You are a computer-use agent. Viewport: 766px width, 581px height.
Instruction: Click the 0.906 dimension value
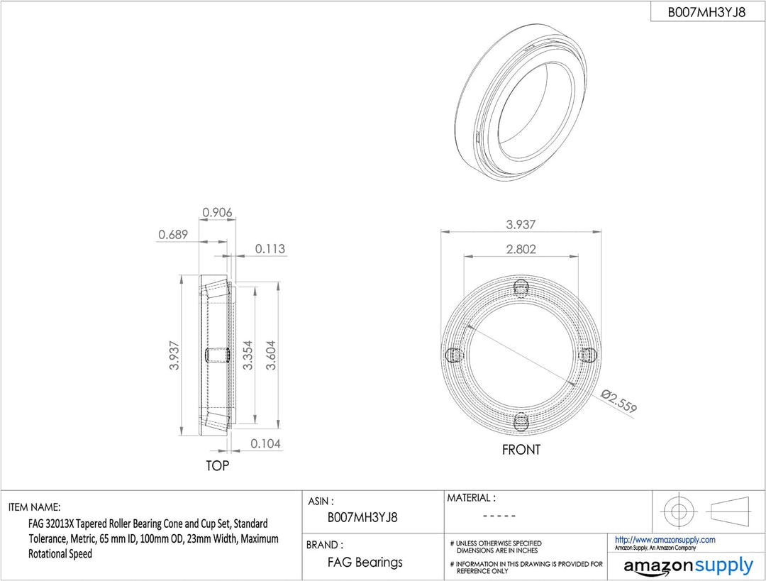click(218, 212)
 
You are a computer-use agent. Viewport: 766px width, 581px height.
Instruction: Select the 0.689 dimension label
click(173, 235)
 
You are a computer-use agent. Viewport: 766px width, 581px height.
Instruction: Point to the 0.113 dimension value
click(270, 249)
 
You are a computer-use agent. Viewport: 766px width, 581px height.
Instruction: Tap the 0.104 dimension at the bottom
click(266, 443)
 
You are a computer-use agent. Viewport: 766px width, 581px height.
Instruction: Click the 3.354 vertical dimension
click(248, 355)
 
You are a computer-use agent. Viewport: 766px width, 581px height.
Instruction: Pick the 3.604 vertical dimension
click(271, 355)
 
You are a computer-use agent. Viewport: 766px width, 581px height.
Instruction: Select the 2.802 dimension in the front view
click(521, 249)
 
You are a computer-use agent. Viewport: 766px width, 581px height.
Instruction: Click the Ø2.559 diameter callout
click(619, 401)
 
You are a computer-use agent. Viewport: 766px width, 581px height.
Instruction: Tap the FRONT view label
click(521, 450)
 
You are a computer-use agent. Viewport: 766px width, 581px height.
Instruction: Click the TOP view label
click(218, 465)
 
